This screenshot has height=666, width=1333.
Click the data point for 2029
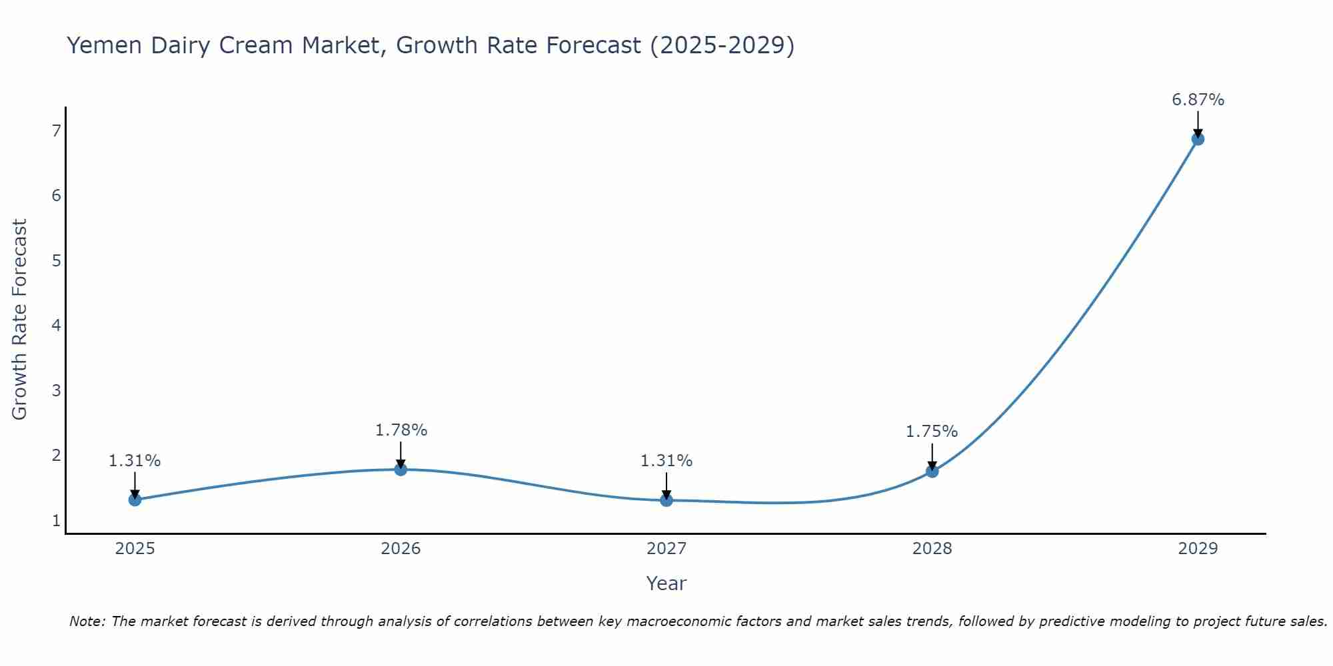point(1198,139)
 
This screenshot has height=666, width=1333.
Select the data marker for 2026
point(401,470)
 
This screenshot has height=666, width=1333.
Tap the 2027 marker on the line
point(666,500)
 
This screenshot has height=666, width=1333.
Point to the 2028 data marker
point(932,472)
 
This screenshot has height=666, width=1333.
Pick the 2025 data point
point(135,500)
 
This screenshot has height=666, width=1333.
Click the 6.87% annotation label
point(1198,100)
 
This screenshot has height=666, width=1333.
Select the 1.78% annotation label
point(401,430)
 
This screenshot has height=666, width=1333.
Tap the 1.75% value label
point(931,432)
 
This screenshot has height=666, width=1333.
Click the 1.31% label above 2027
point(666,461)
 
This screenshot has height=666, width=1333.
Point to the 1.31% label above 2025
point(135,461)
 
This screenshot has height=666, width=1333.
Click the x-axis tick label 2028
point(932,549)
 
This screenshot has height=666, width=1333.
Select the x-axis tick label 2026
point(401,549)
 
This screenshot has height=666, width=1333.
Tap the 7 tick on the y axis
point(56,131)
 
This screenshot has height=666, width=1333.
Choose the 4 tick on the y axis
point(56,326)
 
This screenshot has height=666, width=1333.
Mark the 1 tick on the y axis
point(56,521)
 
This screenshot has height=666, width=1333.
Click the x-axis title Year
point(666,583)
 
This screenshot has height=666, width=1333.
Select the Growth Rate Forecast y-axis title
point(20,320)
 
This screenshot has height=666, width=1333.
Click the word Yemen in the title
point(105,45)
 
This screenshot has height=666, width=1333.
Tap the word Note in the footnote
point(87,621)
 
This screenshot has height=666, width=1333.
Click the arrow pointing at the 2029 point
point(1198,124)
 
